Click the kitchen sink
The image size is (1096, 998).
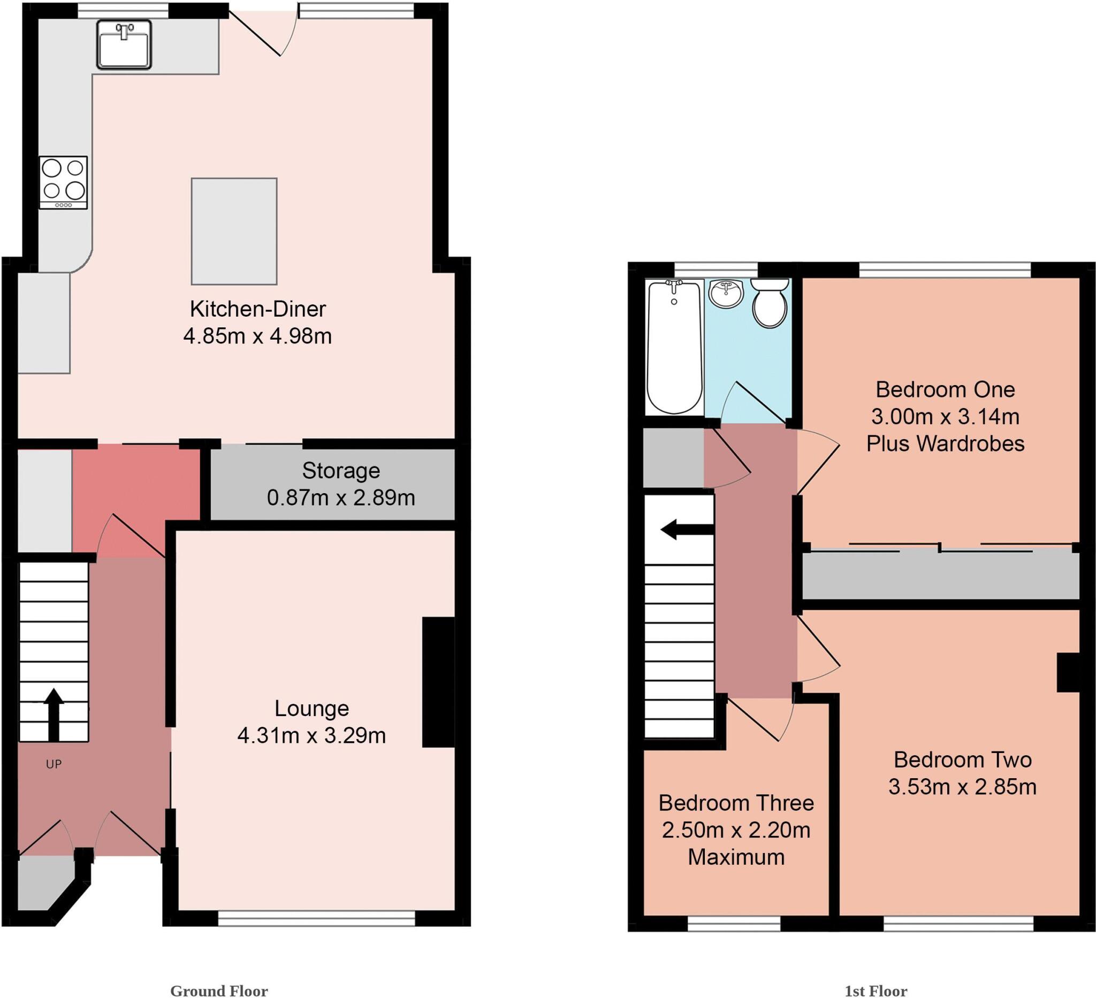tap(124, 45)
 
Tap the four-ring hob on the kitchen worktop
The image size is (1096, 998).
tap(64, 182)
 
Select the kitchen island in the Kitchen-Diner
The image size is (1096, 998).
tap(234, 231)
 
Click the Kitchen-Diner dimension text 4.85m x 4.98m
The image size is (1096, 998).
tap(257, 336)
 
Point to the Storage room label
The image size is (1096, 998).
tap(341, 471)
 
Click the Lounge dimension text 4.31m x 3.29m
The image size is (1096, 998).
tap(311, 735)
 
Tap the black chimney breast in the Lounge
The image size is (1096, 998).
tap(438, 682)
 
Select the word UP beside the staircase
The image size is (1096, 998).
tap(54, 764)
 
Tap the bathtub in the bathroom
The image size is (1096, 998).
tap(674, 347)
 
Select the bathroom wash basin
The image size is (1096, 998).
tap(726, 294)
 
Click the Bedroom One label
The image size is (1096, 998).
tap(946, 389)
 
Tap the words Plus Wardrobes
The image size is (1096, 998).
tap(946, 444)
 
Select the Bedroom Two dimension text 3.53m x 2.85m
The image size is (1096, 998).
tap(962, 787)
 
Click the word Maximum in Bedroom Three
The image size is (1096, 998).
tap(736, 857)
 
